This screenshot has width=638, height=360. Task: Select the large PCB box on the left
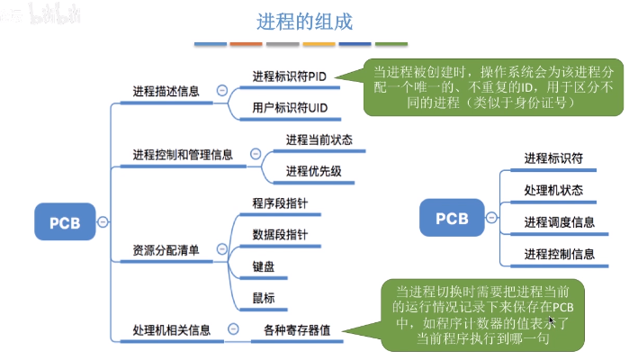[65, 221]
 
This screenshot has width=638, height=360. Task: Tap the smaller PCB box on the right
[452, 218]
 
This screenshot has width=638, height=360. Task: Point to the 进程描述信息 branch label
[166, 91]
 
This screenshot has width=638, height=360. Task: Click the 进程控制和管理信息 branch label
[183, 155]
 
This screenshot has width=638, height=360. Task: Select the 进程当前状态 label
[319, 139]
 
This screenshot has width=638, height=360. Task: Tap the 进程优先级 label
[313, 171]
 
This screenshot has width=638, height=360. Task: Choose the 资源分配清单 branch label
[166, 249]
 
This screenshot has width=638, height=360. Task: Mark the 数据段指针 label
[280, 236]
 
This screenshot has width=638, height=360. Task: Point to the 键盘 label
[264, 267]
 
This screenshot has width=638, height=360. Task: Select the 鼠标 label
[264, 298]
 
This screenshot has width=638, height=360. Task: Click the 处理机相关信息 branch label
[172, 329]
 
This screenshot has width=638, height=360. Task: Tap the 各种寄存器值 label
[291, 329]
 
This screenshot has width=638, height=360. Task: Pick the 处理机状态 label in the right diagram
[553, 190]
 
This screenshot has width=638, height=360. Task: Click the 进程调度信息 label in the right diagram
[559, 221]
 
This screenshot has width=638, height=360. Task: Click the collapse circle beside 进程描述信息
[221, 91]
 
